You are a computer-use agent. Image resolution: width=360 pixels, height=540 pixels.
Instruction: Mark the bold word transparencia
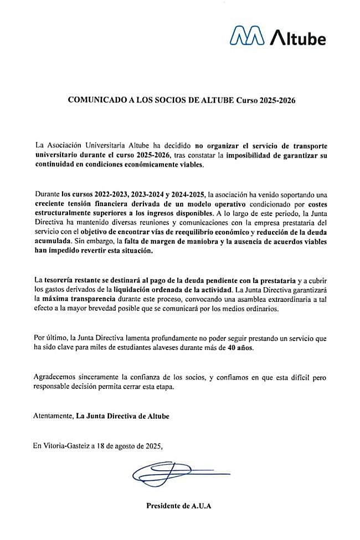point(92,300)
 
